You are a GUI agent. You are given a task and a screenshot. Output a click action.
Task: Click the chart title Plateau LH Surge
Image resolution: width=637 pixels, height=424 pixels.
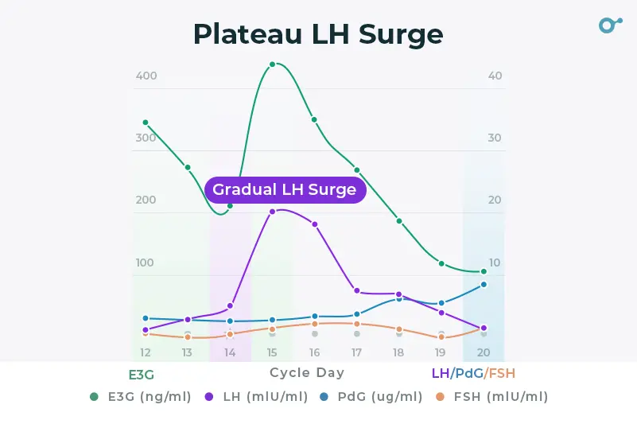pyautogui.click(x=318, y=34)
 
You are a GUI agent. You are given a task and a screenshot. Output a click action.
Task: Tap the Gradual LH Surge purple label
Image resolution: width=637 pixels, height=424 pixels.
pyautogui.click(x=285, y=189)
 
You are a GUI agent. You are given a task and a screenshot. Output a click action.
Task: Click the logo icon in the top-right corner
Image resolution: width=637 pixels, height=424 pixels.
pyautogui.click(x=609, y=25)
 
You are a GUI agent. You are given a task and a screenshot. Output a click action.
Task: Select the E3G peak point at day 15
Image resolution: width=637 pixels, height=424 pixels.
pyautogui.click(x=272, y=64)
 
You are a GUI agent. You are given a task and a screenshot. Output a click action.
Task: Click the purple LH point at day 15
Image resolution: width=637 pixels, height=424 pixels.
pyautogui.click(x=272, y=212)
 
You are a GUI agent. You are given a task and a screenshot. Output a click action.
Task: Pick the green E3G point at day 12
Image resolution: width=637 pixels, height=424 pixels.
pyautogui.click(x=146, y=123)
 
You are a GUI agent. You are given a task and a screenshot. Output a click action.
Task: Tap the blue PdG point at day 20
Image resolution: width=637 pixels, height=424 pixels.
pyautogui.click(x=484, y=284)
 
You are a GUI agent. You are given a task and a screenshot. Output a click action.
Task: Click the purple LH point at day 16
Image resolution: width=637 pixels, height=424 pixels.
pyautogui.click(x=315, y=224)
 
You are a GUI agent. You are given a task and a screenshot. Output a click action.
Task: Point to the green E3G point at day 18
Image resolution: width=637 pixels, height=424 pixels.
pyautogui.click(x=399, y=220)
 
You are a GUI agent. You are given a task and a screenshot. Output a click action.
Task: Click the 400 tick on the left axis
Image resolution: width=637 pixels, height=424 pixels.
pyautogui.click(x=146, y=76)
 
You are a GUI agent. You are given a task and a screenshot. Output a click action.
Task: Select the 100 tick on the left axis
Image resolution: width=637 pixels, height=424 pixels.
pyautogui.click(x=146, y=263)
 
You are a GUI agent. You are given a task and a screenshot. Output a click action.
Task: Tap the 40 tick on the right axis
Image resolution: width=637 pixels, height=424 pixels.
pyautogui.click(x=495, y=76)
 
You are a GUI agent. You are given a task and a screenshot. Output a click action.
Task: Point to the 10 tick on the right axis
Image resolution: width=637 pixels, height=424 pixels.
pyautogui.click(x=495, y=263)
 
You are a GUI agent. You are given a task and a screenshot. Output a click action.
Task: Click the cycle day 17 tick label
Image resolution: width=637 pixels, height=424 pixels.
pyautogui.click(x=357, y=352)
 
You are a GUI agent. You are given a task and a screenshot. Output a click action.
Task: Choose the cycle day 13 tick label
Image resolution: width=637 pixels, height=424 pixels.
pyautogui.click(x=188, y=352)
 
